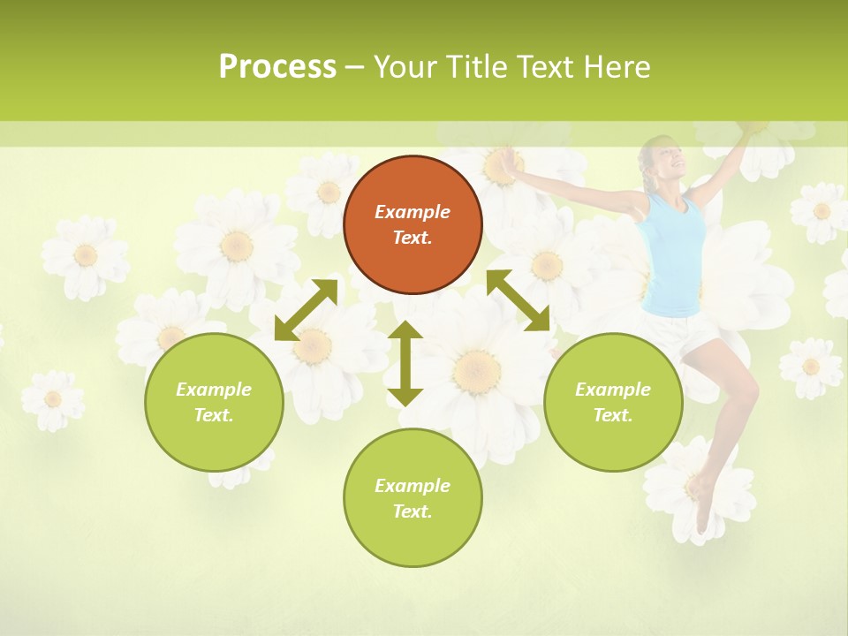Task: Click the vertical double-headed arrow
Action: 405,363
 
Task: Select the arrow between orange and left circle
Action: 306,310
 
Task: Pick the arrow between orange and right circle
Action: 518,300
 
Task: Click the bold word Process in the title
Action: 277,67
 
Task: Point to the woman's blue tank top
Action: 676,256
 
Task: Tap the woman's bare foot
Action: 703,512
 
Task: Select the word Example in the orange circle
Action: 413,212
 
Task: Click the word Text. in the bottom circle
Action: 413,511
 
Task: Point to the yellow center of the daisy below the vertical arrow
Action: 478,366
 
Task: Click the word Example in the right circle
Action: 613,390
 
